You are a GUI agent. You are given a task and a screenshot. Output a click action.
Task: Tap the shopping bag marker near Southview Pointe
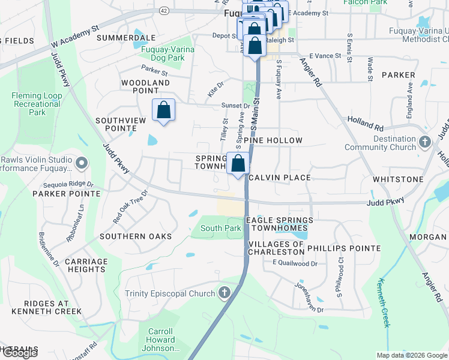(x=163, y=110)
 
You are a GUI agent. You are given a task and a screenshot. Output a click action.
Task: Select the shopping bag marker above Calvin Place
(x=238, y=163)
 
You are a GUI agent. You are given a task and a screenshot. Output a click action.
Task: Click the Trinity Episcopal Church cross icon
(x=224, y=293)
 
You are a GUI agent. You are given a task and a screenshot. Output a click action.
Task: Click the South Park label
(x=212, y=228)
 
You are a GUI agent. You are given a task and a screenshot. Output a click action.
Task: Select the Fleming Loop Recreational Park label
(x=37, y=104)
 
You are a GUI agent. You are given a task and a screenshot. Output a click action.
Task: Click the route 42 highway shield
(x=164, y=11)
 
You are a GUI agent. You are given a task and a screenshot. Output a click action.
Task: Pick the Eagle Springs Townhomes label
(x=277, y=224)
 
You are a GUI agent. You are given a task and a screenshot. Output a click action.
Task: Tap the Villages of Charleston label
(x=276, y=248)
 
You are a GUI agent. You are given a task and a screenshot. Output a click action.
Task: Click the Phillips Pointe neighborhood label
(x=343, y=248)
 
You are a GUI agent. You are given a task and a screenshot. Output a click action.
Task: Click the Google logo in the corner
(x=19, y=353)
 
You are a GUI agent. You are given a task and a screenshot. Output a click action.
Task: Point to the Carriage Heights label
(x=86, y=265)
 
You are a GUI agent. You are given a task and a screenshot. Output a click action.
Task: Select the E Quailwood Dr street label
(x=294, y=263)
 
